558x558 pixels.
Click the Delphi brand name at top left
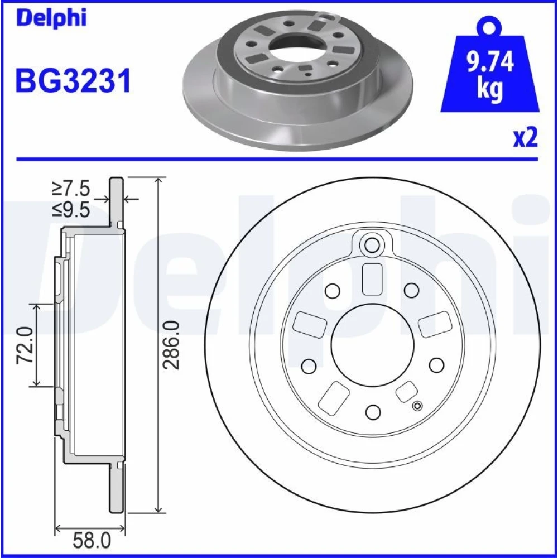[x=51, y=18]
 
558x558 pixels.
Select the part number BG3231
[x=73, y=81]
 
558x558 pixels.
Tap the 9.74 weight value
[x=490, y=61]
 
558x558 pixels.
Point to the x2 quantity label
[x=525, y=138]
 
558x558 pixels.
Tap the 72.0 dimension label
[x=26, y=345]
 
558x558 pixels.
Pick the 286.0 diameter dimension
[x=171, y=345]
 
